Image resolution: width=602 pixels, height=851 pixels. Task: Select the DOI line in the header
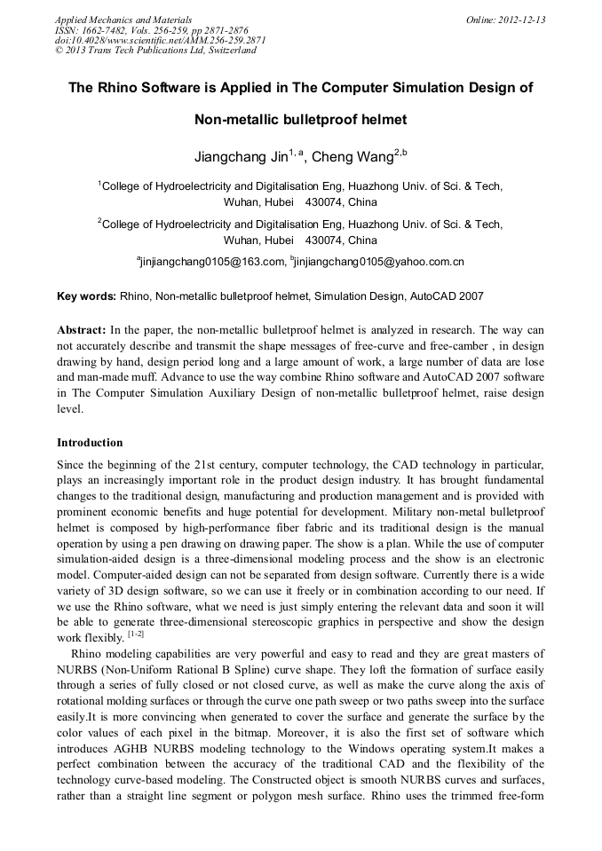coord(160,40)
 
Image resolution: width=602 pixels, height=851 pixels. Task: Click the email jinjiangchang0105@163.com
coord(212,262)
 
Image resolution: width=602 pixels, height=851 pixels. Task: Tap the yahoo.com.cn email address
coord(382,262)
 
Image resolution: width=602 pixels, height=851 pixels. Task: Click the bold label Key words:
coord(86,296)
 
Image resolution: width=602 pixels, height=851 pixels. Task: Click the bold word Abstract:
coord(82,329)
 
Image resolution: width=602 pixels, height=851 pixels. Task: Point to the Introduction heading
coord(90,442)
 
